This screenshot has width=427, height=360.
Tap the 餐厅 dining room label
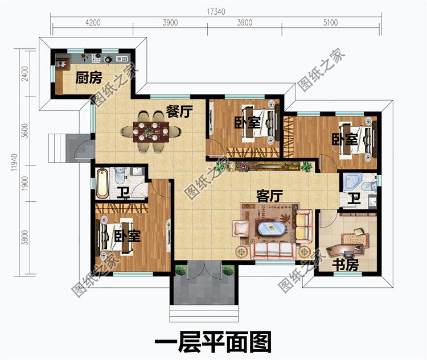[178, 111]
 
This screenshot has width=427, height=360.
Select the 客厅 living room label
[269, 196]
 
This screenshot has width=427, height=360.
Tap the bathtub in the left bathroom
[103, 181]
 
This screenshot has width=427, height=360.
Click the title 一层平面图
[213, 342]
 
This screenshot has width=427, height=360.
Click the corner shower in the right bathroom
[351, 181]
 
